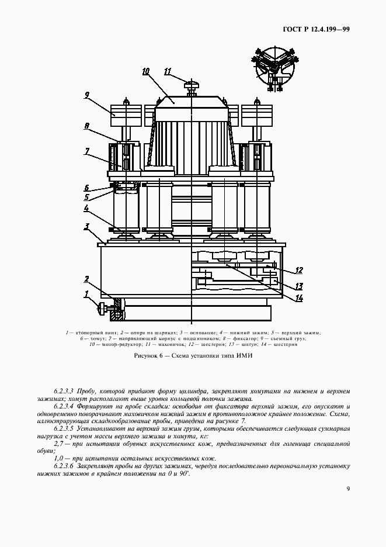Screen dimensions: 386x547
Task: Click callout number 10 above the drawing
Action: tap(146, 71)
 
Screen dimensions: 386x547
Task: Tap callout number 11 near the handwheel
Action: tap(168, 72)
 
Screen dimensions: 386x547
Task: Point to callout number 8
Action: tap(86, 126)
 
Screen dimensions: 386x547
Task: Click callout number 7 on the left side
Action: tap(86, 152)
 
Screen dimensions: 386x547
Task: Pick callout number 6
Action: tap(86, 188)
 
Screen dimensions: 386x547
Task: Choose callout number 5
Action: tap(86, 198)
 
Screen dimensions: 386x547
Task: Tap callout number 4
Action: tap(86, 209)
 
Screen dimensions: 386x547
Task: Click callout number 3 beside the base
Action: tap(86, 227)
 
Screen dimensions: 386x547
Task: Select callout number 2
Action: tap(86, 279)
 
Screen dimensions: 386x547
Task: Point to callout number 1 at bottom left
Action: tap(86, 293)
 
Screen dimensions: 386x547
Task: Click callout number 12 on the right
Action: tap(298, 270)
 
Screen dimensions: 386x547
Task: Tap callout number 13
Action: tap(298, 286)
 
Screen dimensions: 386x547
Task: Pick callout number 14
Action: tap(298, 299)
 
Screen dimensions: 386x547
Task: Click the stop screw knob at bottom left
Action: tap(104, 308)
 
